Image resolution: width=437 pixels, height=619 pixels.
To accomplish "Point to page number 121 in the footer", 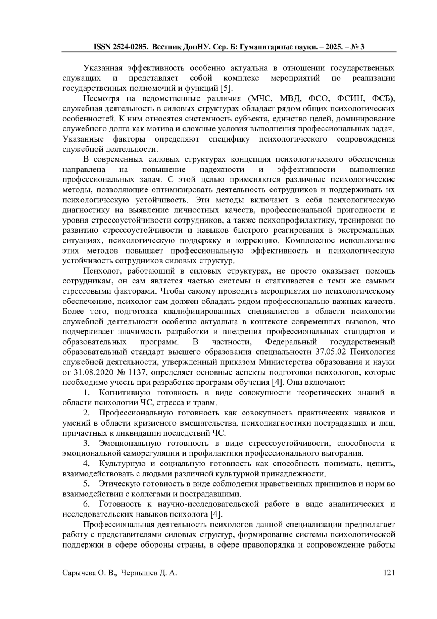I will click(x=389, y=573).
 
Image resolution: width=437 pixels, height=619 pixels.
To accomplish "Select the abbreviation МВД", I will click(x=288, y=98).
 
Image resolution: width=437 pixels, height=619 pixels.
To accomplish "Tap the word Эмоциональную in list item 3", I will click(x=130, y=444).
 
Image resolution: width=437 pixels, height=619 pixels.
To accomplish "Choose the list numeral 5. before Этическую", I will click(x=87, y=484).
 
